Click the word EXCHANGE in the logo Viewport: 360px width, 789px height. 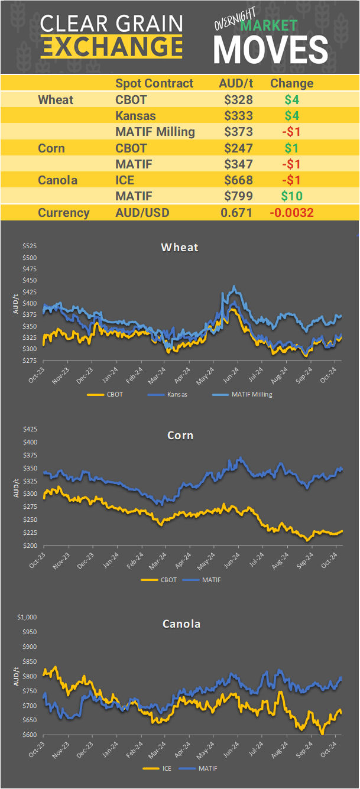[x=112, y=46]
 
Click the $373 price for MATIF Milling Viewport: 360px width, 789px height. [x=238, y=132]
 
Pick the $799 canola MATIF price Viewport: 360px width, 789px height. [x=238, y=196]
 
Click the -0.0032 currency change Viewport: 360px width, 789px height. [x=292, y=213]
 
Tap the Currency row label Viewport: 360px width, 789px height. [x=64, y=213]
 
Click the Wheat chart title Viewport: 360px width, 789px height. [x=180, y=247]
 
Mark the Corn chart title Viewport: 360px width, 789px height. [x=180, y=436]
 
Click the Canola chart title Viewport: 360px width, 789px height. [x=180, y=624]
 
